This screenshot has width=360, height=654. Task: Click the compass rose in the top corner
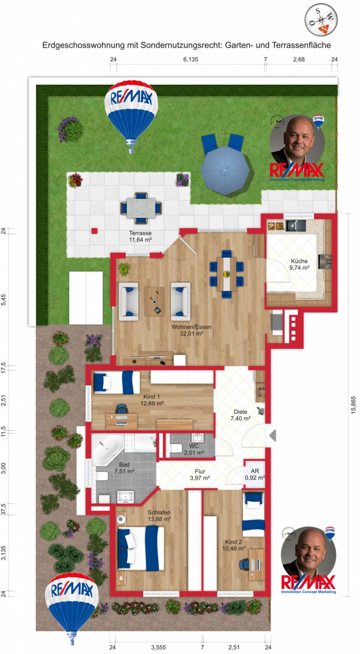(x=321, y=20)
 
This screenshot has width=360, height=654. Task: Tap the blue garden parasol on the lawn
(x=225, y=171)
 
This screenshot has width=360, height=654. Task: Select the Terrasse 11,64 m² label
(x=140, y=237)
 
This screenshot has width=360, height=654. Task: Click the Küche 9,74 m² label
(x=299, y=264)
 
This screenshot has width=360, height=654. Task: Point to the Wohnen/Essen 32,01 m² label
(x=191, y=330)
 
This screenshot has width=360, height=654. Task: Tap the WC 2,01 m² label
(x=194, y=449)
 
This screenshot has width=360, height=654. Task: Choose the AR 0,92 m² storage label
(x=255, y=474)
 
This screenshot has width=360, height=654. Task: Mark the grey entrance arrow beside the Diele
(x=273, y=435)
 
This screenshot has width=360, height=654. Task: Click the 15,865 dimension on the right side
(x=353, y=405)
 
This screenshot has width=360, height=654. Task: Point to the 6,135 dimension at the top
(x=190, y=60)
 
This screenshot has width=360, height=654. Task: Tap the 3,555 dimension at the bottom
(x=158, y=647)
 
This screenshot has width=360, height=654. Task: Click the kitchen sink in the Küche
(x=296, y=225)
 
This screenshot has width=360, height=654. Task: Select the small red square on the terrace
(x=95, y=231)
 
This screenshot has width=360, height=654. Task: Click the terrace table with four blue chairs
(x=141, y=208)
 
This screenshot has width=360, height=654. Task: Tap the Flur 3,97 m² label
(x=200, y=475)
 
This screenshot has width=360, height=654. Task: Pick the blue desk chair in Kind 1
(x=121, y=409)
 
